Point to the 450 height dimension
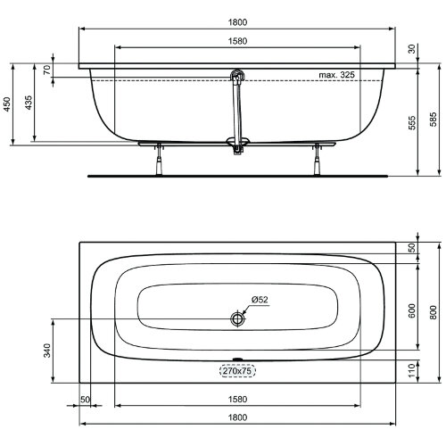7,103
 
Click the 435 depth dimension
29,103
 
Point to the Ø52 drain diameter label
260,300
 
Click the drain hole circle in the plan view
238,318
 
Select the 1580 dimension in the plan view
238,402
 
